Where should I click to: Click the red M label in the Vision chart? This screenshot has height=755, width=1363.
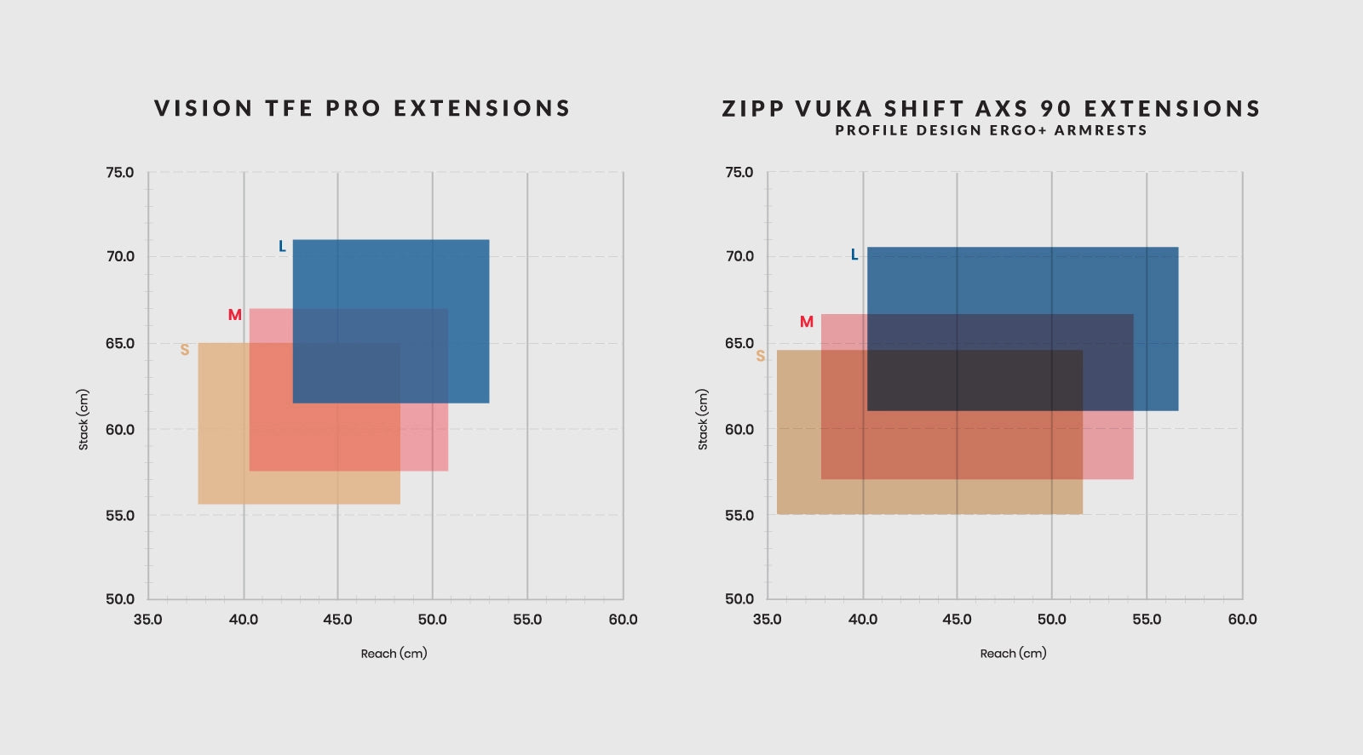(235, 315)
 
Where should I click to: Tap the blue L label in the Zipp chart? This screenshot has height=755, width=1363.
(854, 255)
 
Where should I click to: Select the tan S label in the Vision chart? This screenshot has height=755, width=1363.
(185, 350)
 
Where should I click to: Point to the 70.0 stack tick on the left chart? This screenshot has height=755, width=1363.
(120, 256)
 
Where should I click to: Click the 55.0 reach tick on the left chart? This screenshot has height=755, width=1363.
(527, 620)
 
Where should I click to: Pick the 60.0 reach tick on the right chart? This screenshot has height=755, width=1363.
(1242, 620)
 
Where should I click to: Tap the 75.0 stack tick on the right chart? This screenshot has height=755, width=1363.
(739, 173)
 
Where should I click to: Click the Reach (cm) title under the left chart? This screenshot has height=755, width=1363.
(394, 654)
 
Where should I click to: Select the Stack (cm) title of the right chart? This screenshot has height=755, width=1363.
(703, 420)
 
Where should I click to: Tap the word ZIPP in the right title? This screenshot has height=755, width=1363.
(753, 109)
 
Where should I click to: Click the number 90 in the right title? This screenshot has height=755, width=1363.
(1055, 109)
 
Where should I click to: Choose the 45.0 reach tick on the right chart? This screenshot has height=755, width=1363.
(957, 620)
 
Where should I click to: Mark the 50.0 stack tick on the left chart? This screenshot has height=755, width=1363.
(120, 599)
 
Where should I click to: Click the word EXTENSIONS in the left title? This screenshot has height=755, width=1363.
(481, 108)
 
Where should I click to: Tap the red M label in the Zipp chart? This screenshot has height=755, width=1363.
(807, 322)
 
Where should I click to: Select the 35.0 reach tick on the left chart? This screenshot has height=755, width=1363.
(147, 620)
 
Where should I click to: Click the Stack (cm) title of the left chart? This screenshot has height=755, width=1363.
(83, 420)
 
